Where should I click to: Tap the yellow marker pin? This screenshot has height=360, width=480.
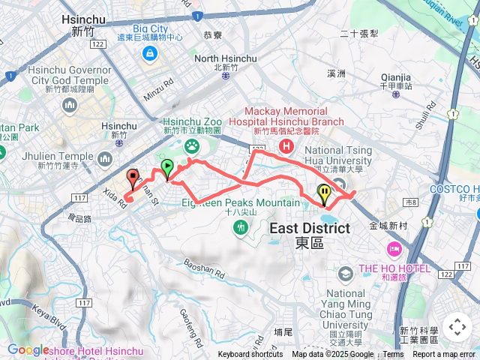click(323, 194)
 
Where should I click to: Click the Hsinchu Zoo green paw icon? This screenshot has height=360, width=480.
click(192, 146)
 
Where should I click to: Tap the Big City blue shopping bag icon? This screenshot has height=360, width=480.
click(150, 53)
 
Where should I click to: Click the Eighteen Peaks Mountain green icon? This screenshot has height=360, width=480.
click(241, 226)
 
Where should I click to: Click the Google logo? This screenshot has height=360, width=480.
click(28, 349)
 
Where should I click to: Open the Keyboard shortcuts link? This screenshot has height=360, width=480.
click(250, 355)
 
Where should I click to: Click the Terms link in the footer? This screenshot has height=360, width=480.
click(393, 355)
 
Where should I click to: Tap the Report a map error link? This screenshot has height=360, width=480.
click(446, 355)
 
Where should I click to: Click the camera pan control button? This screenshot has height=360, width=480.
click(457, 327)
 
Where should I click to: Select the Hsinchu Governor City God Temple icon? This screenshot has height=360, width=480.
click(70, 104)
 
